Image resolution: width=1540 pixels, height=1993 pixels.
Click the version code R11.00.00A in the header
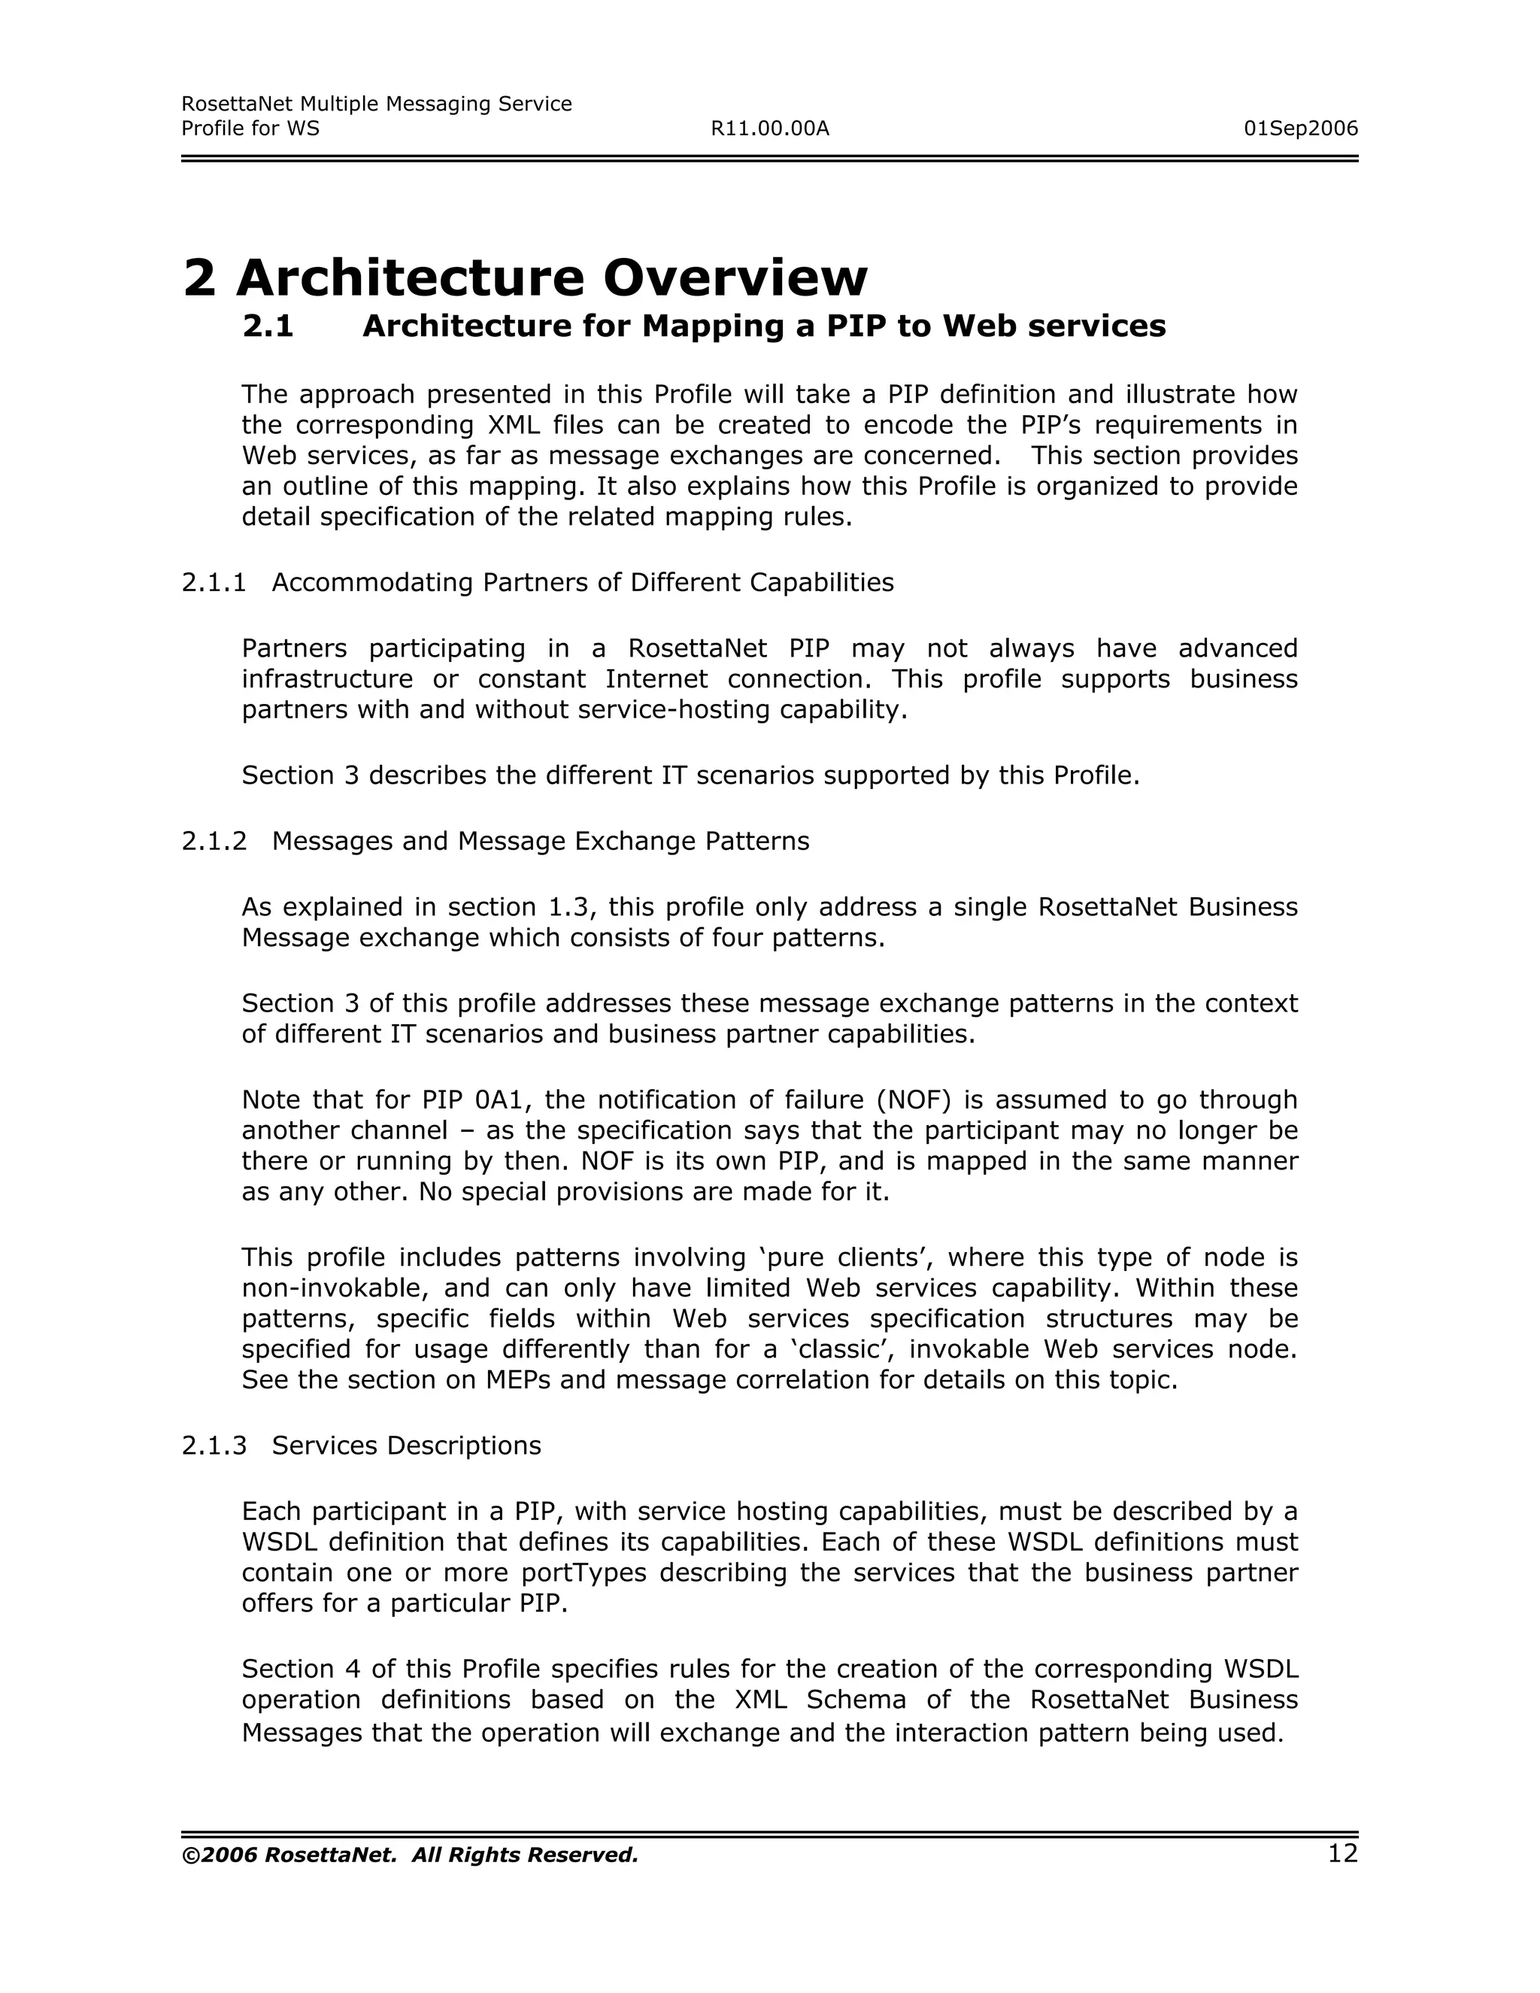pyautogui.click(x=769, y=129)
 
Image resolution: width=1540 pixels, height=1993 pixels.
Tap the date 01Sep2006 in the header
pyautogui.click(x=1300, y=129)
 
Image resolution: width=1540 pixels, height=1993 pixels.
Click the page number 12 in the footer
pyautogui.click(x=1342, y=1853)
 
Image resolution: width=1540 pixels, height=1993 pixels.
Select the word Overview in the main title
pyautogui.click(x=735, y=278)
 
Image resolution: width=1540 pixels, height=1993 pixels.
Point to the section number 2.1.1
pyautogui.click(x=214, y=582)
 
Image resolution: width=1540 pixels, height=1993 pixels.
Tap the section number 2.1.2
pyautogui.click(x=214, y=842)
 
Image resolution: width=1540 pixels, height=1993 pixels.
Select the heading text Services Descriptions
pyautogui.click(x=406, y=1445)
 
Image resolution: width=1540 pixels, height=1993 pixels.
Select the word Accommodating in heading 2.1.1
pyautogui.click(x=372, y=582)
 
